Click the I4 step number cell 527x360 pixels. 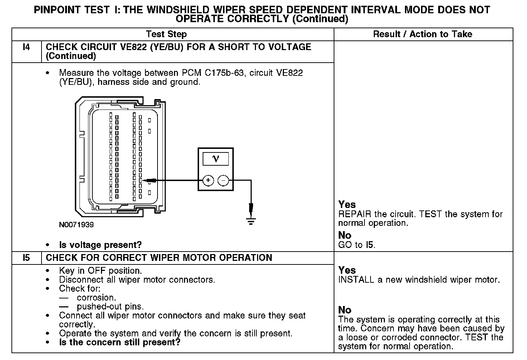click(26, 47)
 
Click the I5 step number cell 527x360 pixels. click(26, 258)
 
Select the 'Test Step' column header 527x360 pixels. click(166, 34)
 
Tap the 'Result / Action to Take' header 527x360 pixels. click(422, 34)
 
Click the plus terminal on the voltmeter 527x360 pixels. click(208, 180)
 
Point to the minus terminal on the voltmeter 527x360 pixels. click(223, 180)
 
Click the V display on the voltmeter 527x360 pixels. click(216, 159)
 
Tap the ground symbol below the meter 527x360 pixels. click(251, 222)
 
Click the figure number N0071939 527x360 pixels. click(76, 225)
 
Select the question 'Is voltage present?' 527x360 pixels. click(100, 245)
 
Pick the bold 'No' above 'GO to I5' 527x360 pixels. click(345, 235)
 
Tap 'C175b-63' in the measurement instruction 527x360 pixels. click(224, 73)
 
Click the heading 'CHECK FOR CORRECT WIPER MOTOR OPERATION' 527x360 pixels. click(159, 258)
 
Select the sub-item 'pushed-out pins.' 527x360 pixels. click(110, 307)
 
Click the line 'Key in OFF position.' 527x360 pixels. click(100, 271)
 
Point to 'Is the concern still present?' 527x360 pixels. click(120, 342)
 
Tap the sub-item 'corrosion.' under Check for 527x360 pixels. click(96, 298)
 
